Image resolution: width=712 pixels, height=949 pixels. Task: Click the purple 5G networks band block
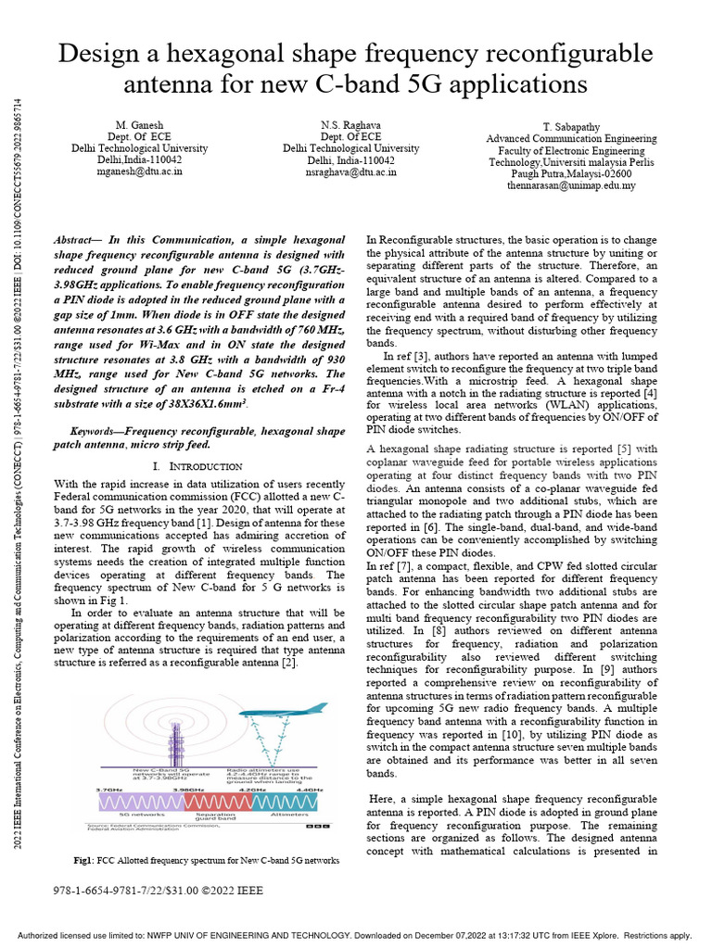[x=141, y=801]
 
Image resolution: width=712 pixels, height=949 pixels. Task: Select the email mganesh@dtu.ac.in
[x=140, y=171]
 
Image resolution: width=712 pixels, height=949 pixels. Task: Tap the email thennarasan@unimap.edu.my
[x=573, y=185]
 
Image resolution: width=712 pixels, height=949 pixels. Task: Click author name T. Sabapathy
[x=573, y=126]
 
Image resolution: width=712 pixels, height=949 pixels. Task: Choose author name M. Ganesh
[x=140, y=124]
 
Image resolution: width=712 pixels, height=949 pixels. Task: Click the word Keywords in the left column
[x=97, y=432]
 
